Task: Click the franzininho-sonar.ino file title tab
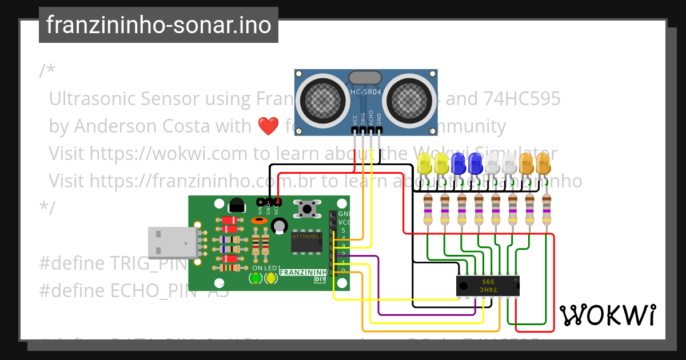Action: pyautogui.click(x=158, y=25)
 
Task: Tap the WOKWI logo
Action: pyautogui.click(x=607, y=315)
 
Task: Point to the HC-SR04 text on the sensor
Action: pyautogui.click(x=366, y=92)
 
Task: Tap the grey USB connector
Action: pyautogui.click(x=171, y=242)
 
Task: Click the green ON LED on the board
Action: pyautogui.click(x=256, y=278)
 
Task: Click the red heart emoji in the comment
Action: pyautogui.click(x=268, y=126)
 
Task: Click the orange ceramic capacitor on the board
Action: pyautogui.click(x=259, y=221)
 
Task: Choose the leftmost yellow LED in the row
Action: pyautogui.click(x=425, y=164)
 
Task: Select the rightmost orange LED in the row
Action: pyautogui.click(x=543, y=163)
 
